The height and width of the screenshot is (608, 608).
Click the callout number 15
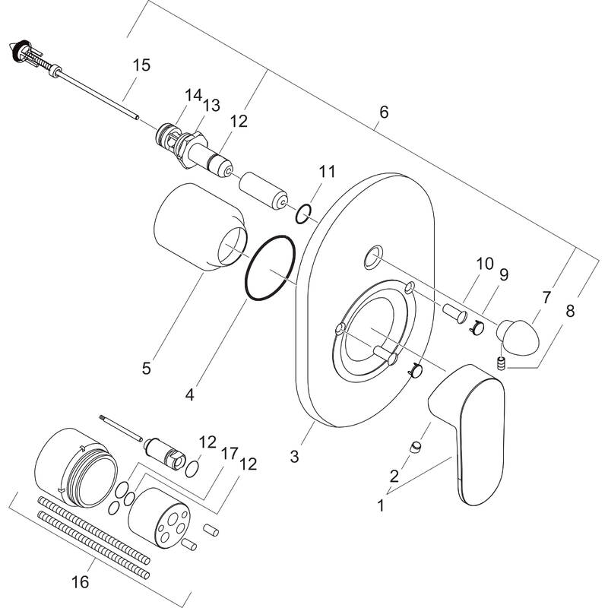coord(141,65)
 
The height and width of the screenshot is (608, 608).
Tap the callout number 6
coord(383,112)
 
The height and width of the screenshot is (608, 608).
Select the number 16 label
coord(80,582)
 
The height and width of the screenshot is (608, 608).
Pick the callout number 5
coord(146,369)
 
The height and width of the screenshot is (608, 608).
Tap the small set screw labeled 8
coord(501,363)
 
